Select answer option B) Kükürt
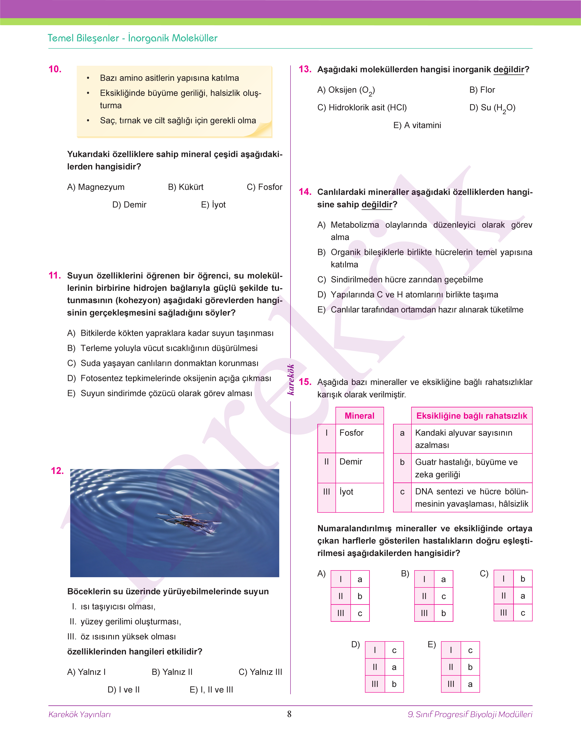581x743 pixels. pos(186,187)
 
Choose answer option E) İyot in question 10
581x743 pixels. pos(213,205)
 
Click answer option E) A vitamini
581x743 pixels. pos(417,125)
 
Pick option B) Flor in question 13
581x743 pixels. pos(482,90)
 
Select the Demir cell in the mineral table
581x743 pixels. pos(351,462)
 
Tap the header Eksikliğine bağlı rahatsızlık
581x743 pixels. pos(471,416)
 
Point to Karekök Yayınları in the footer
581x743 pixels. pos(80,714)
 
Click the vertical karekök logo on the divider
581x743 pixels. pos(290,379)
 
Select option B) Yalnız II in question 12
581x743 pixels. pos(172,672)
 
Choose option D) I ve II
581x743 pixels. pos(123,690)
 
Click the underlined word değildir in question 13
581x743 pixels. pos(509,70)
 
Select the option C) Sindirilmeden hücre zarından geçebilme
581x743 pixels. pos(400,280)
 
